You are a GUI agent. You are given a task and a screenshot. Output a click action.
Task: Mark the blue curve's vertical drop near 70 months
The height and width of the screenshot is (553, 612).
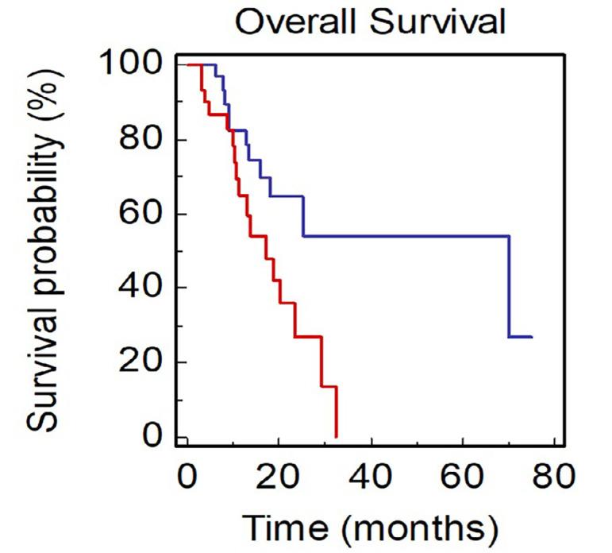(509, 286)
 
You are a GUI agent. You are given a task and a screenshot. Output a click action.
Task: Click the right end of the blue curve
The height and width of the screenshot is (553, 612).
(531, 337)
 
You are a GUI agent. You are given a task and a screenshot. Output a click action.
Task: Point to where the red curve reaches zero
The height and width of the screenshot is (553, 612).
(337, 436)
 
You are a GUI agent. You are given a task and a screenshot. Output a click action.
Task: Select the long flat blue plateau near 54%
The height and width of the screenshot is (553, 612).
(405, 236)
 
